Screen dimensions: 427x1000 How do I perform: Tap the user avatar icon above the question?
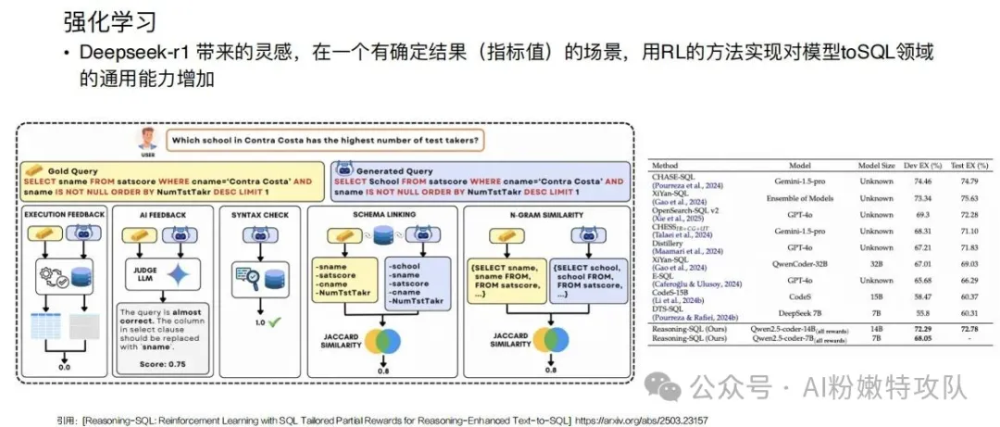(145, 139)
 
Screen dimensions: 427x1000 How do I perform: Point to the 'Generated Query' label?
(393, 170)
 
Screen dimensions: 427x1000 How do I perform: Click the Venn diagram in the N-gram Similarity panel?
(544, 338)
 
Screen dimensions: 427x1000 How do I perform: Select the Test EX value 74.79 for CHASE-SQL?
(963, 182)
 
